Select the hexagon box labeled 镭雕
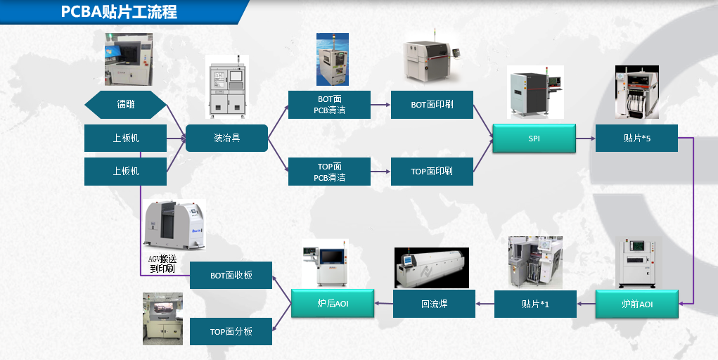(126, 105)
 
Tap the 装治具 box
(226, 138)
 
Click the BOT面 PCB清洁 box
(329, 105)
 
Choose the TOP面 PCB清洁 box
(329, 172)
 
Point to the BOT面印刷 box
(432, 105)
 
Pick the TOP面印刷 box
(432, 172)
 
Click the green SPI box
(534, 139)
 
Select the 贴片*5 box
(636, 139)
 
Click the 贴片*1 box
(535, 304)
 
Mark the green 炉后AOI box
(332, 304)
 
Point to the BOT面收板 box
(231, 276)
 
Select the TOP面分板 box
(231, 331)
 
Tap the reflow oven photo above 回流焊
(431, 268)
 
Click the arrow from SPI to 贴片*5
(586, 139)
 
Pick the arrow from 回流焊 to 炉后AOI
(383, 304)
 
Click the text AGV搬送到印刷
(161, 264)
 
